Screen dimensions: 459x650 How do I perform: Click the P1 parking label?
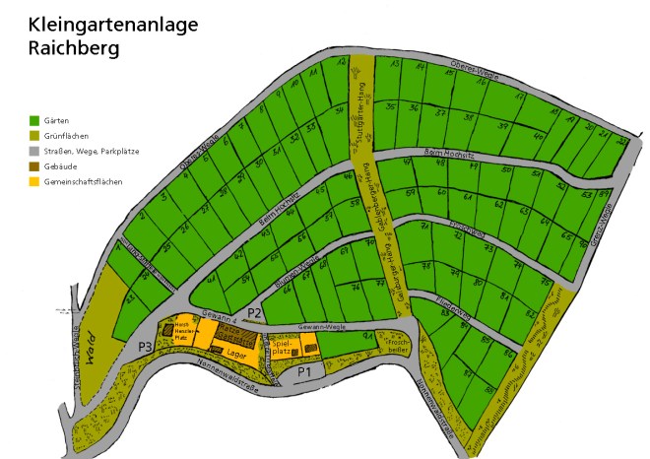coord(304,371)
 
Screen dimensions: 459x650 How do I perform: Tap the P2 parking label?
coord(254,313)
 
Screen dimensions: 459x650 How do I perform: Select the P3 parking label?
coord(145,346)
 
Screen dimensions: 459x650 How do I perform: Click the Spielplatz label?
coord(283,346)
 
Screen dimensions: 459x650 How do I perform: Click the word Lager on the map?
coord(233,351)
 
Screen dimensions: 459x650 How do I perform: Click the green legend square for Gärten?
coord(34,119)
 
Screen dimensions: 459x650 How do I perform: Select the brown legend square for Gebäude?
coord(34,167)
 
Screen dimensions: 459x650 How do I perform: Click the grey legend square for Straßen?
coord(34,152)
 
